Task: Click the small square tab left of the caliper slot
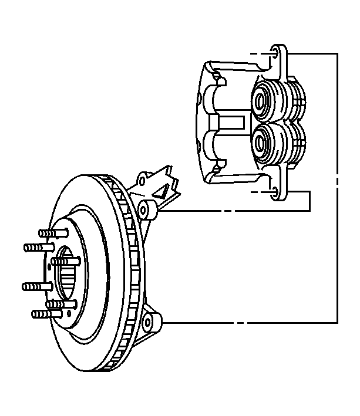click(215, 123)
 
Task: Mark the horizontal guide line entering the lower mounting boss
click(247, 322)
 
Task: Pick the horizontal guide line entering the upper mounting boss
click(235, 209)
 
